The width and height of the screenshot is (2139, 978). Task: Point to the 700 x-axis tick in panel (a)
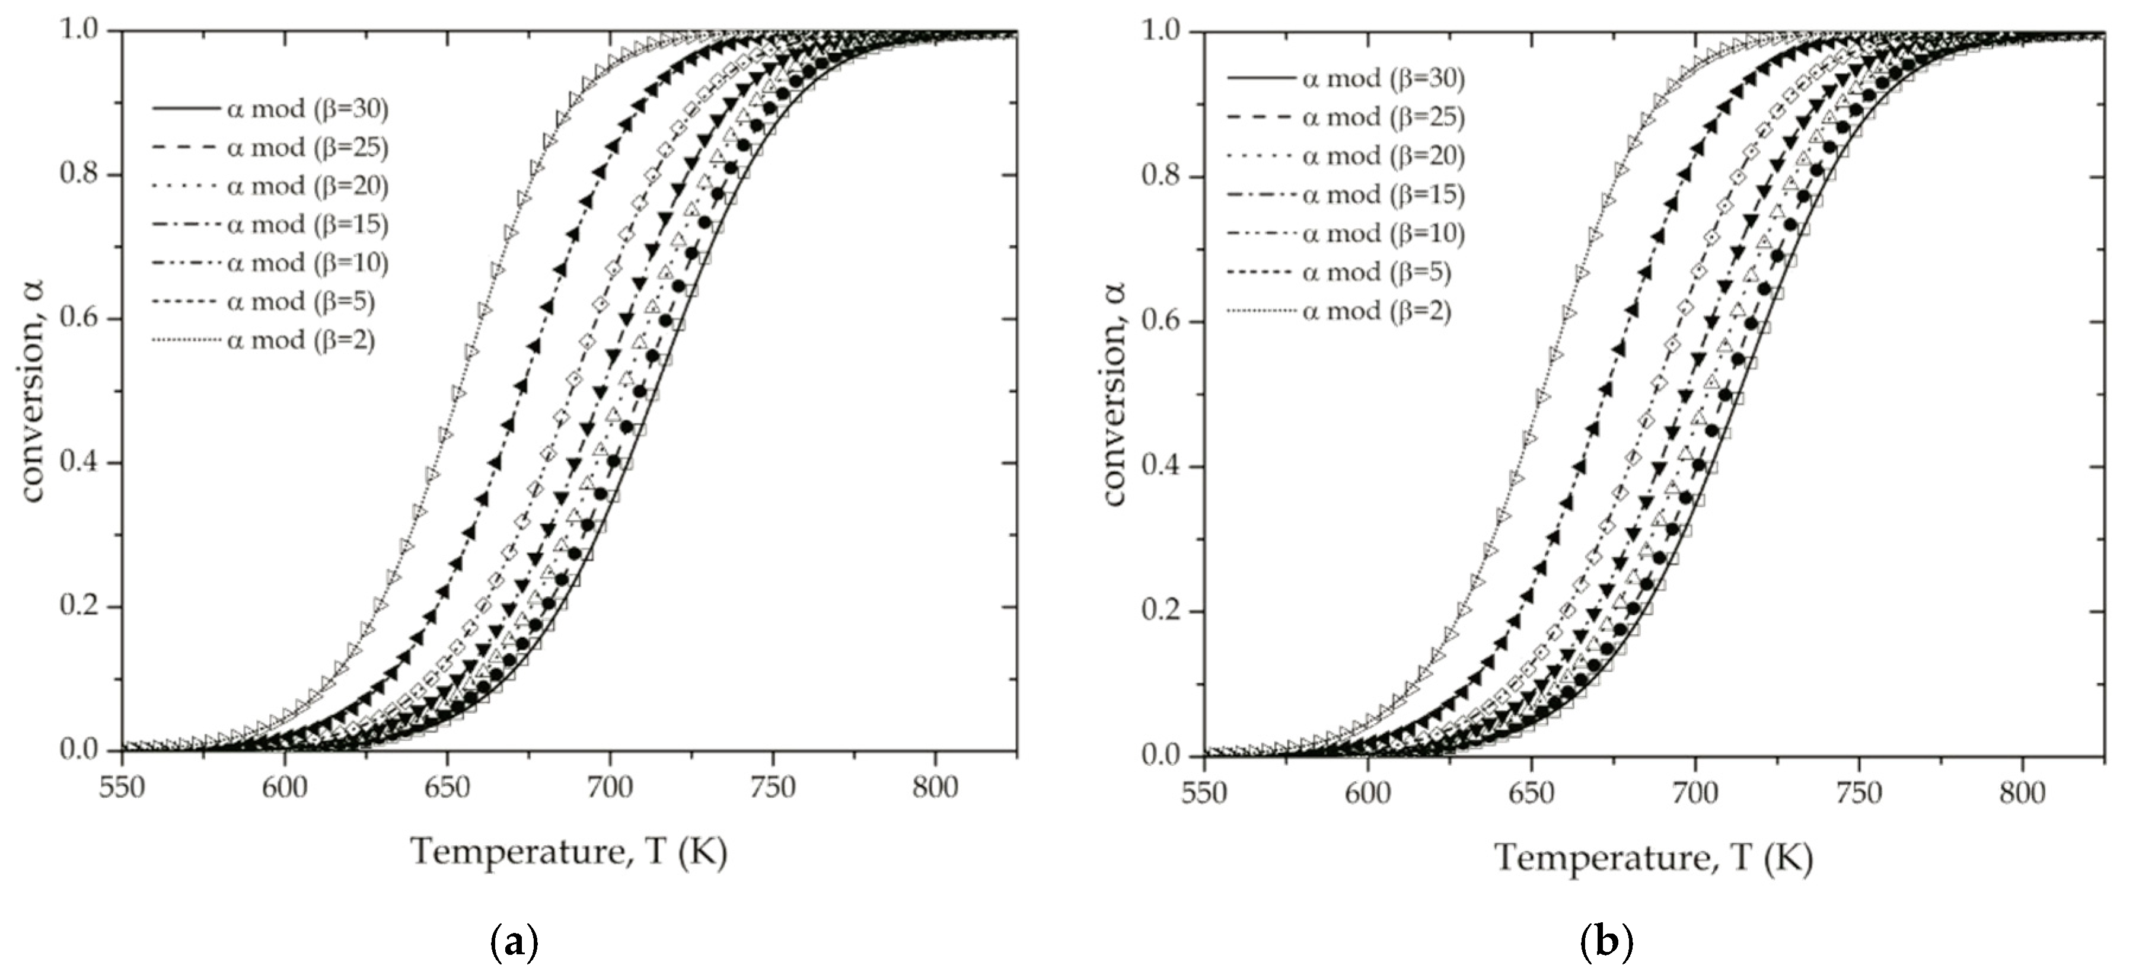610,787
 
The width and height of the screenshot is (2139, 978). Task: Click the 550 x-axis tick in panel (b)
1204,793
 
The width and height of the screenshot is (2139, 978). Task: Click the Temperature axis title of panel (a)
569,852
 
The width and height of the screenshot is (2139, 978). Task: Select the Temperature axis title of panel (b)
1653,858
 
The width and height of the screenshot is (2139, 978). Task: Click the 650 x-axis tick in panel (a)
448,787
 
